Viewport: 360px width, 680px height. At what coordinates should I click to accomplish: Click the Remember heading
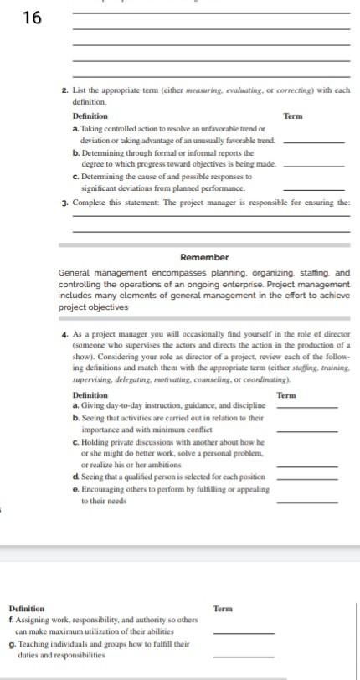click(x=203, y=257)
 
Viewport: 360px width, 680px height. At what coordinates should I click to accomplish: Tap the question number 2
click(x=64, y=90)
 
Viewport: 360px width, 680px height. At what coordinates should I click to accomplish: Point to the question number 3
click(x=64, y=203)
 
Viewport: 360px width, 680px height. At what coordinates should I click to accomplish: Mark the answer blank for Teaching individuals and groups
click(x=244, y=655)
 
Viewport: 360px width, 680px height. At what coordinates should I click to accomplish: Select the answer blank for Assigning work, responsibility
click(x=244, y=631)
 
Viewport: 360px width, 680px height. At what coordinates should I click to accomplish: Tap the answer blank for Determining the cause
click(x=314, y=189)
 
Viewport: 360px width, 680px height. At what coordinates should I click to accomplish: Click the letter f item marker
click(x=11, y=620)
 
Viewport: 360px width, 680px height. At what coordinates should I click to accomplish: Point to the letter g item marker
click(x=11, y=644)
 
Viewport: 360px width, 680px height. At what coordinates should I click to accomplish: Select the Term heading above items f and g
click(x=224, y=609)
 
